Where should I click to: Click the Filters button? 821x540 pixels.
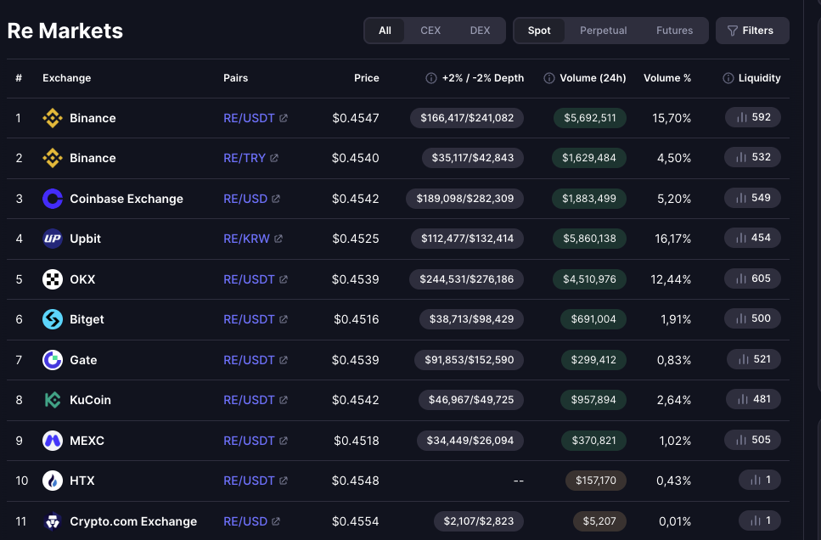pyautogui.click(x=752, y=31)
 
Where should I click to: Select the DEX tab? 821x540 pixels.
pyautogui.click(x=480, y=31)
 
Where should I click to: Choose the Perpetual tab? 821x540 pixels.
pyautogui.click(x=603, y=31)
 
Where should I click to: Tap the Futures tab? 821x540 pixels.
pyautogui.click(x=674, y=31)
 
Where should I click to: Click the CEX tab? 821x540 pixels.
pyautogui.click(x=430, y=31)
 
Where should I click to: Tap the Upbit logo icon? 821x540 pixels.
pyautogui.click(x=53, y=239)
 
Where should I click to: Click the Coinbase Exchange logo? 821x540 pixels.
pyautogui.click(x=53, y=199)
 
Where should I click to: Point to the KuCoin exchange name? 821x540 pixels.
pyautogui.click(x=90, y=400)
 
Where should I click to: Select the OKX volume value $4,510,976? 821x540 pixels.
pyautogui.click(x=589, y=279)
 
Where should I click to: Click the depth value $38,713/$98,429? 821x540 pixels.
pyautogui.click(x=471, y=319)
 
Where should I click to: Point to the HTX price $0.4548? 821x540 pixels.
pyautogui.click(x=355, y=481)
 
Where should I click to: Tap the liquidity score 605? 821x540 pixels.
pyautogui.click(x=752, y=278)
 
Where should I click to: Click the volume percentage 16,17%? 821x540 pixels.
pyautogui.click(x=672, y=239)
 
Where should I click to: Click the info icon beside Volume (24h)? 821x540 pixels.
pyautogui.click(x=548, y=78)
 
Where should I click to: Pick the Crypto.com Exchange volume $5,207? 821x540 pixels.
pyautogui.click(x=599, y=521)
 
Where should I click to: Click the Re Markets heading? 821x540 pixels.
pyautogui.click(x=65, y=31)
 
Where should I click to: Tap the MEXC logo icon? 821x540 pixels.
pyautogui.click(x=53, y=441)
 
